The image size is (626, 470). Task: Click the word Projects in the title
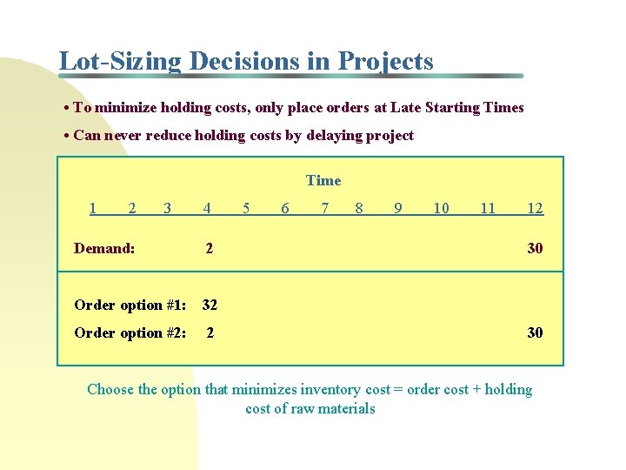pyautogui.click(x=385, y=62)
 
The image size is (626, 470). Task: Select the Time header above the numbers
pyautogui.click(x=323, y=180)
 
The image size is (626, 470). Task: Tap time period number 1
pyautogui.click(x=93, y=207)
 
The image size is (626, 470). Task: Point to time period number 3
pyautogui.click(x=167, y=207)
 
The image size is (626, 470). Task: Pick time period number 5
pyautogui.click(x=246, y=207)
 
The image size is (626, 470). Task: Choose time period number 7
pyautogui.click(x=324, y=207)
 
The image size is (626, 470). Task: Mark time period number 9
pyautogui.click(x=397, y=207)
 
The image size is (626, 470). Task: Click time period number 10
pyautogui.click(x=441, y=207)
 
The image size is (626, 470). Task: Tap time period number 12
pyautogui.click(x=536, y=207)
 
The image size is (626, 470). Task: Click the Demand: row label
pyautogui.click(x=104, y=248)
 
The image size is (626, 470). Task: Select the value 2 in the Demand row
pyautogui.click(x=209, y=248)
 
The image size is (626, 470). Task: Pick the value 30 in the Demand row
pyautogui.click(x=535, y=248)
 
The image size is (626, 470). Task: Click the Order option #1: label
pyautogui.click(x=130, y=305)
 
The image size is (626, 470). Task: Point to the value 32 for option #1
pyautogui.click(x=210, y=305)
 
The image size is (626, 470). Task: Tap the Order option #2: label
pyautogui.click(x=130, y=332)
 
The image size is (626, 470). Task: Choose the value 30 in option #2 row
pyautogui.click(x=535, y=332)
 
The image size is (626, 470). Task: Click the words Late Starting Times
pyautogui.click(x=457, y=108)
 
